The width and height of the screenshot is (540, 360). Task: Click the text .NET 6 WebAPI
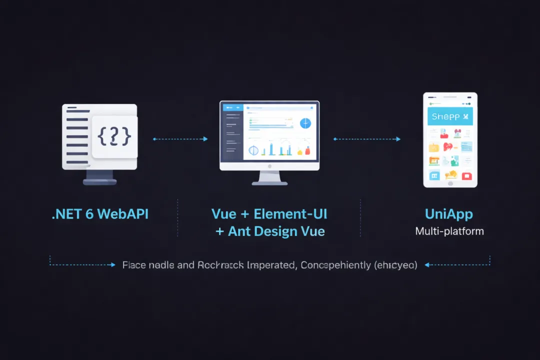click(x=100, y=214)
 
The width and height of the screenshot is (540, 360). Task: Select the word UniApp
click(x=448, y=214)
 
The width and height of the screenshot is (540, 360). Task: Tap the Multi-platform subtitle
click(x=449, y=231)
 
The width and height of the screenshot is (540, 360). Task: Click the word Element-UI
click(x=290, y=214)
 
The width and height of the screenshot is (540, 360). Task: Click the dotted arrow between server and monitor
click(x=180, y=139)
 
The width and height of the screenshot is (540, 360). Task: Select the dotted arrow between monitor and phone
click(x=366, y=139)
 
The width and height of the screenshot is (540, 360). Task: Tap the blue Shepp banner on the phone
click(x=450, y=116)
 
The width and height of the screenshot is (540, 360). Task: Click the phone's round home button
click(x=450, y=183)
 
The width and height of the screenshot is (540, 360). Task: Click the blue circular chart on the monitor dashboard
click(x=305, y=123)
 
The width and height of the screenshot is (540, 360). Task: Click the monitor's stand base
click(x=269, y=183)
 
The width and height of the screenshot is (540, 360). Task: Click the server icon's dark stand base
click(x=99, y=182)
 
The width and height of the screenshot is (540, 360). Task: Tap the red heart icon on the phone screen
click(x=448, y=147)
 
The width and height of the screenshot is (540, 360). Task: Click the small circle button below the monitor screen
click(x=269, y=165)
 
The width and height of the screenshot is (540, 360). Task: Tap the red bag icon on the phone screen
click(x=466, y=175)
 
